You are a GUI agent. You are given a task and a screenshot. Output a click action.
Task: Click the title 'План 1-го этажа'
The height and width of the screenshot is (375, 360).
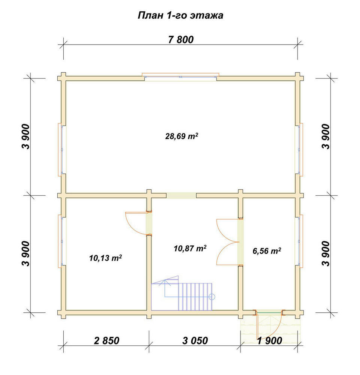pos(180,15)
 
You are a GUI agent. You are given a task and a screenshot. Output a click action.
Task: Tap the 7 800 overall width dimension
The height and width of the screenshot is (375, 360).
pos(181,40)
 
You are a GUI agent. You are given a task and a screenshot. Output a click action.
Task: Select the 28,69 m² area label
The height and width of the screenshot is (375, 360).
pos(182,136)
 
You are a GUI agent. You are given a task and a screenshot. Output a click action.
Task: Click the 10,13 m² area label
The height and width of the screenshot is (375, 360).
pos(106,258)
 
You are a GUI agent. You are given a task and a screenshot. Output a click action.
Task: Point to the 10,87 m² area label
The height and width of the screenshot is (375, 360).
pos(190,249)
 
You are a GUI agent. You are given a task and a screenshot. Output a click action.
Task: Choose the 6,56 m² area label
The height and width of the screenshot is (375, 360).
pos(267,251)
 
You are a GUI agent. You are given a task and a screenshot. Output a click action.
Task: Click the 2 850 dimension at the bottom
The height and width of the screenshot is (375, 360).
pos(106,340)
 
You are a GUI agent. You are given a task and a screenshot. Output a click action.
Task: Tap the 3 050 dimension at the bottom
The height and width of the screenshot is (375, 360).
pos(195,340)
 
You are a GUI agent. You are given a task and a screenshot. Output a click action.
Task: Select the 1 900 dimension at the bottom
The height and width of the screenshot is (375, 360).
pos(270,340)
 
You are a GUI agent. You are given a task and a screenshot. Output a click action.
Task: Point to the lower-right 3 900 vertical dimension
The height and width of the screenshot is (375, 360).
pos(326,253)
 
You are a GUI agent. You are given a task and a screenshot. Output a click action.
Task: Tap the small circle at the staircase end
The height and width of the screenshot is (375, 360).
pos(212,297)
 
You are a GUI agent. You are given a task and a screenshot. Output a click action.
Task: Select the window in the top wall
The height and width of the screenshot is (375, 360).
pos(181,76)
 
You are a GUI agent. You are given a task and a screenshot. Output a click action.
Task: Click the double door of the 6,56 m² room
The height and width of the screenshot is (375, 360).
pos(228,242)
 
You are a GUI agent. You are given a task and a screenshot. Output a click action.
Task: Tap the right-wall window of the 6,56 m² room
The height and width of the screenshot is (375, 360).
pos(299,241)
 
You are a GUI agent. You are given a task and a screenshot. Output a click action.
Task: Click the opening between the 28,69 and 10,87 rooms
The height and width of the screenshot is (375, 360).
pos(181,195)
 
